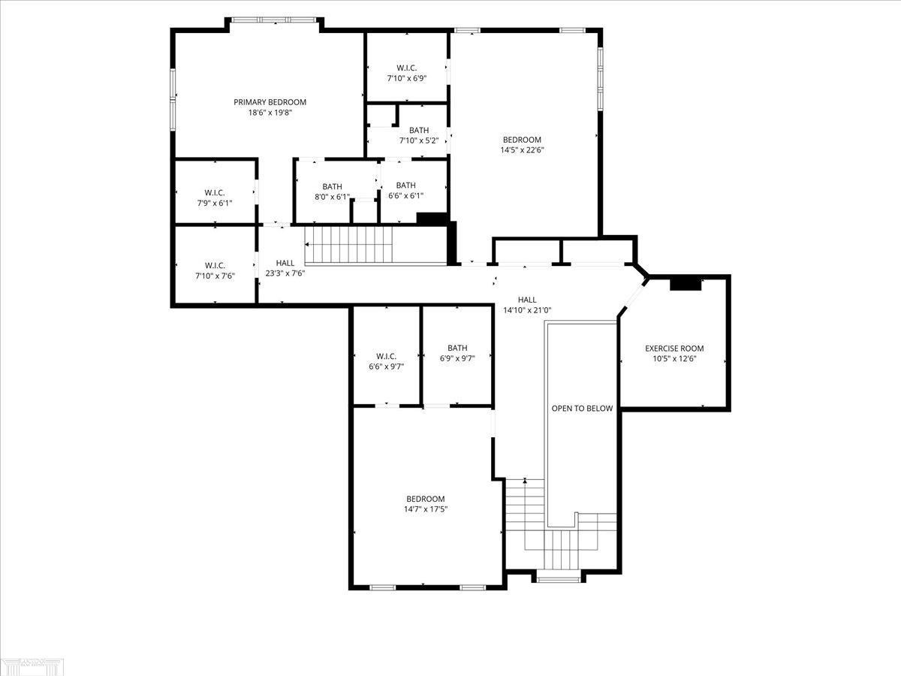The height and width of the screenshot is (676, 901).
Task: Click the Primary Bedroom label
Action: (270, 102)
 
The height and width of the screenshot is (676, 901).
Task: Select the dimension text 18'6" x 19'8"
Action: (270, 113)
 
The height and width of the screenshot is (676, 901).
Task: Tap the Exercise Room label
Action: (674, 349)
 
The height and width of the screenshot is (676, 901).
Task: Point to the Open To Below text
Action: (582, 409)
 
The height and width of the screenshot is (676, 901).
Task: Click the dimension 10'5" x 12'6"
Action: (674, 359)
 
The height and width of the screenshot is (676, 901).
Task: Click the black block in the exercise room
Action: (685, 283)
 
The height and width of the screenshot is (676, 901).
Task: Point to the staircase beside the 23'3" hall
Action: (349, 244)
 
